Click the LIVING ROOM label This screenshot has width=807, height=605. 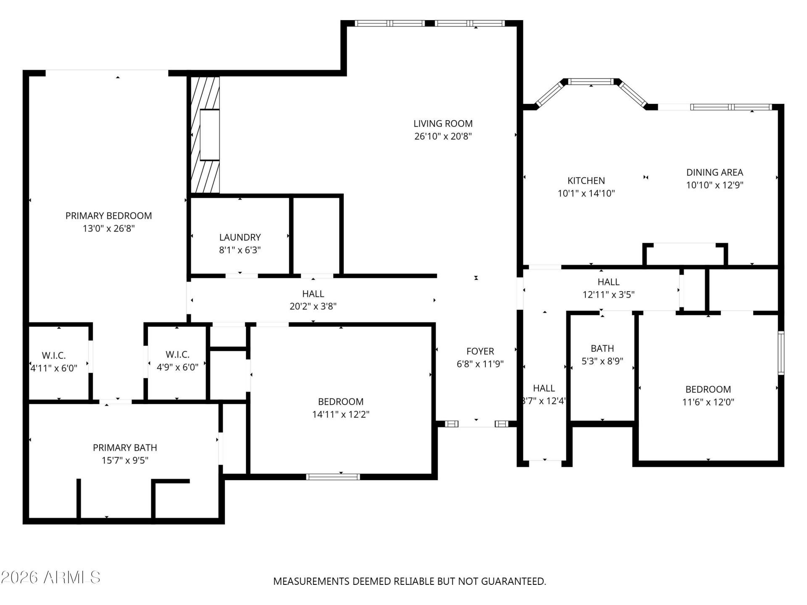pyautogui.click(x=443, y=124)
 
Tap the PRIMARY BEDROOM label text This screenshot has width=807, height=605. pyautogui.click(x=108, y=216)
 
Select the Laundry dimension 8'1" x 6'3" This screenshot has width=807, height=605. pyautogui.click(x=240, y=250)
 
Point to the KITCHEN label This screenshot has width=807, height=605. pyautogui.click(x=586, y=181)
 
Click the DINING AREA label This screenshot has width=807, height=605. pyautogui.click(x=715, y=172)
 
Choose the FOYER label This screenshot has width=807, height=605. pyautogui.click(x=480, y=351)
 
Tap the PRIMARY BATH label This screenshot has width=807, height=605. pyautogui.click(x=125, y=447)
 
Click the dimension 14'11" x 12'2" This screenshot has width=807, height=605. pyautogui.click(x=340, y=415)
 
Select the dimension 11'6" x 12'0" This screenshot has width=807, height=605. pyautogui.click(x=708, y=402)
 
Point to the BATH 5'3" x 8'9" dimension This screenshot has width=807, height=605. pyautogui.click(x=602, y=361)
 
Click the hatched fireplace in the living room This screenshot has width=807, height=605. pyautogui.click(x=205, y=134)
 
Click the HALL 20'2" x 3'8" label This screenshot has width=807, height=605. pyautogui.click(x=313, y=300)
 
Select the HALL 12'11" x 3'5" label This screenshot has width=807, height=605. pyautogui.click(x=609, y=288)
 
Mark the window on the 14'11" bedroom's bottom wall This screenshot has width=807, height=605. pyautogui.click(x=333, y=476)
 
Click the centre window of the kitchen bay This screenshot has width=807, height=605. pyautogui.click(x=591, y=82)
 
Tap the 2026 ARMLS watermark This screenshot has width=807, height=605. pyautogui.click(x=51, y=577)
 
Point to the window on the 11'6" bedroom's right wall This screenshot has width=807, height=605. pyautogui.click(x=781, y=353)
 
